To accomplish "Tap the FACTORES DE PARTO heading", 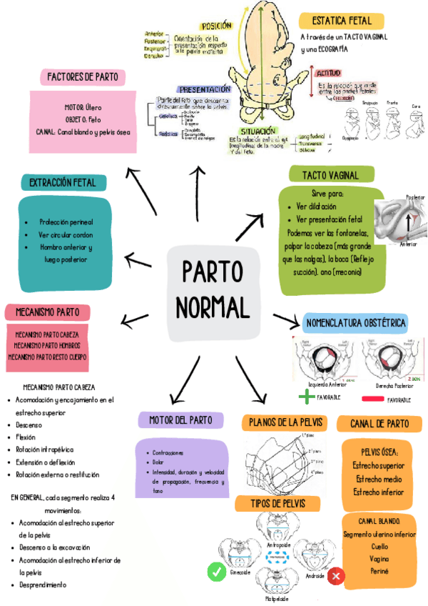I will click(83, 77).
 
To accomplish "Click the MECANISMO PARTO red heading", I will click(48, 312).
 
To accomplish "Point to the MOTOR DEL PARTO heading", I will click(180, 420).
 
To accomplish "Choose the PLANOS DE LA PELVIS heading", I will click(285, 423).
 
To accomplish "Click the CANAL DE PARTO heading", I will click(379, 424).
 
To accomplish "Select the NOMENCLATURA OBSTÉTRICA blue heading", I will click(355, 323).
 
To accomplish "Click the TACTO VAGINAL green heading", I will click(330, 175).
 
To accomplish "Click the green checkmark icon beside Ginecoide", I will click(216, 572).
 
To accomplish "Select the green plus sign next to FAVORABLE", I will click(306, 397).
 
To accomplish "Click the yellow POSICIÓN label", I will click(217, 26).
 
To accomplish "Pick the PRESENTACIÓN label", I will click(205, 89).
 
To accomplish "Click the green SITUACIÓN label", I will click(254, 131).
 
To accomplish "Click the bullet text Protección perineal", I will click(66, 222).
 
